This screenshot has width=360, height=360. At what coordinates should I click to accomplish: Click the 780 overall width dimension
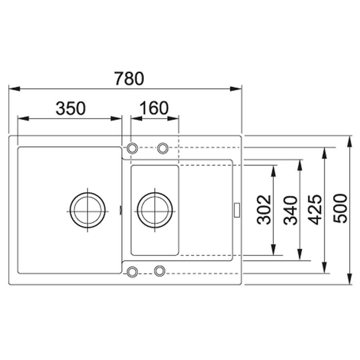pyautogui.click(x=129, y=78)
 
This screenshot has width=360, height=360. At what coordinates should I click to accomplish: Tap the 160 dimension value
pyautogui.click(x=154, y=108)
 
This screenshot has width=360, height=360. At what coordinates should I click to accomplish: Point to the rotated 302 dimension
pyautogui.click(x=264, y=210)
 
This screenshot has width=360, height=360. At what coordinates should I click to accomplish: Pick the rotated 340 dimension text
pyautogui.click(x=291, y=210)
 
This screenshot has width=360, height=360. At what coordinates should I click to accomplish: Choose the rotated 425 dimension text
pyautogui.click(x=315, y=209)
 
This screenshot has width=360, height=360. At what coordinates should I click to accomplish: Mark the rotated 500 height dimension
pyautogui.click(x=340, y=208)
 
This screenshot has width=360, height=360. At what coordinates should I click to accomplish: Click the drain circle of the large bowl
pyautogui.click(x=88, y=210)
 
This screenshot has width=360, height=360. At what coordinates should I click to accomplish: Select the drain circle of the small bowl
pyautogui.click(x=155, y=210)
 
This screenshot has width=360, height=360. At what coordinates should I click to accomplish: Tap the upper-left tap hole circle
pyautogui.click(x=132, y=148)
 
